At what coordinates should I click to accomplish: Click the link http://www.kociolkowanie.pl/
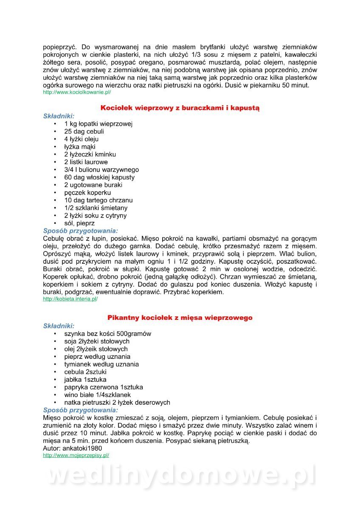tap(77, 92)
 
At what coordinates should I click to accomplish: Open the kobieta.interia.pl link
tap(70, 299)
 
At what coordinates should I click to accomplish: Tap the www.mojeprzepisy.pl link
tap(76, 455)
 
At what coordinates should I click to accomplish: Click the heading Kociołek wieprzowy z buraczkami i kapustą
tap(180, 108)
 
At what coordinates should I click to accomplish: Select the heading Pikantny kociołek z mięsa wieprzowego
tap(180, 318)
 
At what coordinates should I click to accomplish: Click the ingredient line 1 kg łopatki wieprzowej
tap(98, 124)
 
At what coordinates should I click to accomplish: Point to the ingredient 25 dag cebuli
tap(84, 131)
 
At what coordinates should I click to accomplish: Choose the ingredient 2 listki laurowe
tap(86, 162)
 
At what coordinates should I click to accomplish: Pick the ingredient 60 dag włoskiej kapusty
tap(99, 177)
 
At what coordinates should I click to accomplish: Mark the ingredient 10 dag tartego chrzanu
tap(98, 200)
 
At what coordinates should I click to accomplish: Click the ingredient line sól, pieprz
tap(79, 223)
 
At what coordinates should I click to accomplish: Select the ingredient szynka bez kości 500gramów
tap(108, 334)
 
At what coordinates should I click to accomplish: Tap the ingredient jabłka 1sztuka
tap(85, 380)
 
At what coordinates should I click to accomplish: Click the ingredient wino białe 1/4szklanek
tap(98, 395)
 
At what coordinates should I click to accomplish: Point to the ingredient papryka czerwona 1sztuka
tap(104, 387)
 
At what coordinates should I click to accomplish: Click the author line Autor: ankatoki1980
tap(73, 448)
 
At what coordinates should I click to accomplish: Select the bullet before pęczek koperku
tap(55, 193)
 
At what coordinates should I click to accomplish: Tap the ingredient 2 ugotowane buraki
tap(93, 185)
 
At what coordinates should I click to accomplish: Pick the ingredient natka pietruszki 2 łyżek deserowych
tap(117, 403)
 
